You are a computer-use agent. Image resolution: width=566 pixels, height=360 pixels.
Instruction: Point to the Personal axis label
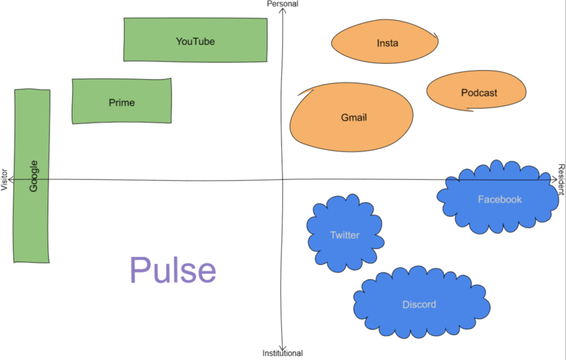tap(282, 4)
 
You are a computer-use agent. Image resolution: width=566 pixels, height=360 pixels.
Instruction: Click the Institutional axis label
tap(282, 353)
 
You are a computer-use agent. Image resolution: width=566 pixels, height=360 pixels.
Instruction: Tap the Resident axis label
tap(561, 179)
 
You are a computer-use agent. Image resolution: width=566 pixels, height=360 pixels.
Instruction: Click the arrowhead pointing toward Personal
tap(283, 11)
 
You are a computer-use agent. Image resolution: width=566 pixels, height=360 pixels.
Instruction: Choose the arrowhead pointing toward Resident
tap(554, 179)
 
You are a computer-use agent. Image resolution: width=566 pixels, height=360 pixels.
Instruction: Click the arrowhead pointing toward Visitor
tap(11, 179)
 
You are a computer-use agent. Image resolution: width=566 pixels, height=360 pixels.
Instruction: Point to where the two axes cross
tap(283, 179)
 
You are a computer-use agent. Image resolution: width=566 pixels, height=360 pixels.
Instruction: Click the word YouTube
tap(195, 41)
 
